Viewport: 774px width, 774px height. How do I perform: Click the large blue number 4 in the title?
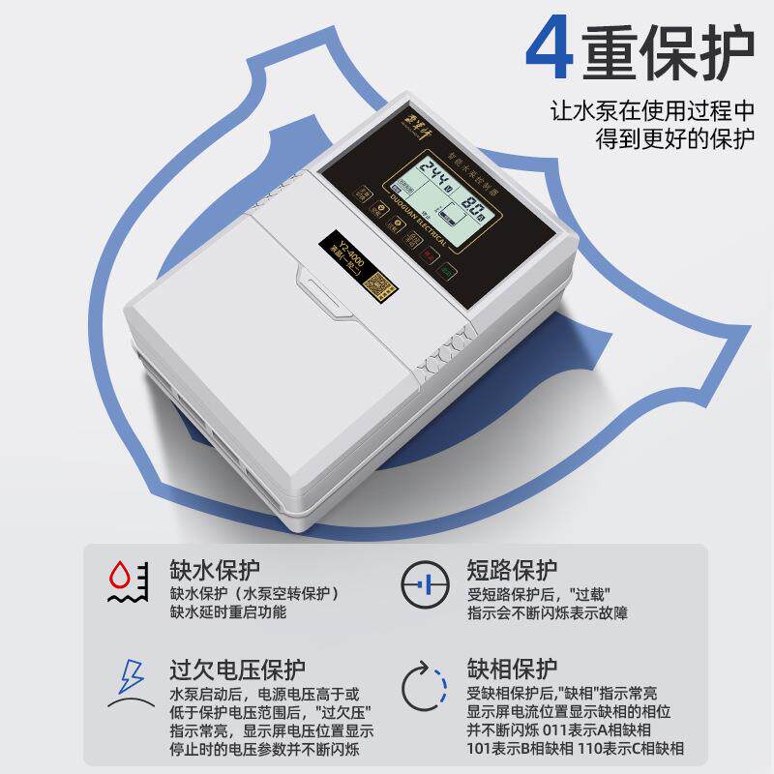[x=549, y=46]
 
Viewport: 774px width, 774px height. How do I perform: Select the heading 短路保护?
[x=512, y=567]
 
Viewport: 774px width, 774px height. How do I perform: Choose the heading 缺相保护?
[x=512, y=668]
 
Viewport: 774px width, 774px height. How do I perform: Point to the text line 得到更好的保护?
[x=674, y=138]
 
